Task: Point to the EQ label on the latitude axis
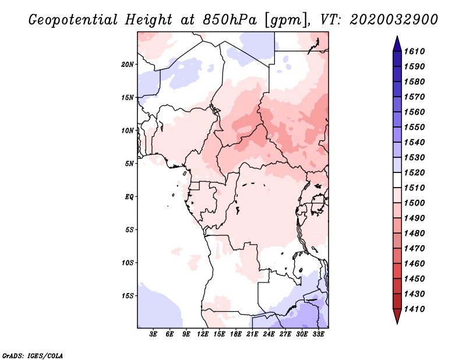(129, 196)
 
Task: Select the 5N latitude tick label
(129, 163)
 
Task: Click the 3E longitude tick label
(153, 334)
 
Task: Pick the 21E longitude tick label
(252, 334)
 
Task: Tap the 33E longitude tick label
(318, 334)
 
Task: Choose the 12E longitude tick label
(203, 334)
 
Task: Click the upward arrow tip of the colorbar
(397, 38)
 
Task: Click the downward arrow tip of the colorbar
(397, 322)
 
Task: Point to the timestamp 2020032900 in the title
(394, 20)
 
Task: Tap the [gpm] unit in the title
(284, 20)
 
